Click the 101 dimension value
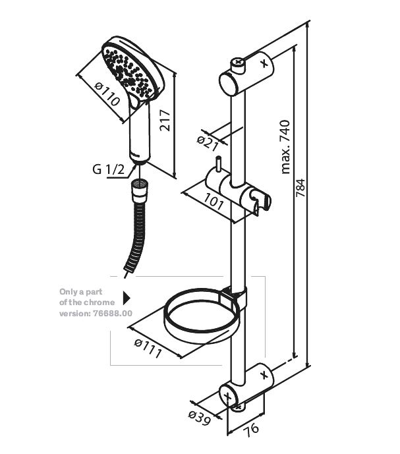214,202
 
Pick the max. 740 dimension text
285,146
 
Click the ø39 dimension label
199,418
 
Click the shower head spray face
128,69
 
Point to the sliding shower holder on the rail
237,188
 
